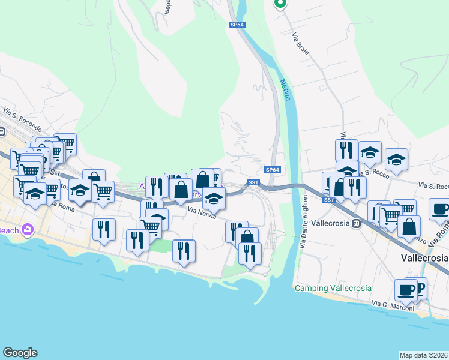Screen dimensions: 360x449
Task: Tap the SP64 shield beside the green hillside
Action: click(x=236, y=25)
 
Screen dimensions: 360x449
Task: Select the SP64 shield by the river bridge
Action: click(x=273, y=170)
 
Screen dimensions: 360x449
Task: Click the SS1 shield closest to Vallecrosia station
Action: click(x=328, y=200)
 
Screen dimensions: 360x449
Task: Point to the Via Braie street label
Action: click(x=300, y=44)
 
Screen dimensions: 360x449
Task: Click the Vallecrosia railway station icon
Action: click(x=356, y=224)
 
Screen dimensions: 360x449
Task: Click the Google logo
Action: click(x=20, y=353)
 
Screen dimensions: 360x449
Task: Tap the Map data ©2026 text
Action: click(x=423, y=355)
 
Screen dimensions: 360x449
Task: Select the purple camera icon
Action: click(x=27, y=229)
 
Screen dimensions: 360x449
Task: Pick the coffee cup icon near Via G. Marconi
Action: click(x=406, y=290)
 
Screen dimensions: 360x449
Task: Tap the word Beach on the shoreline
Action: click(x=9, y=230)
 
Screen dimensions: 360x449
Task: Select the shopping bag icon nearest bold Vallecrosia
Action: click(x=409, y=227)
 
